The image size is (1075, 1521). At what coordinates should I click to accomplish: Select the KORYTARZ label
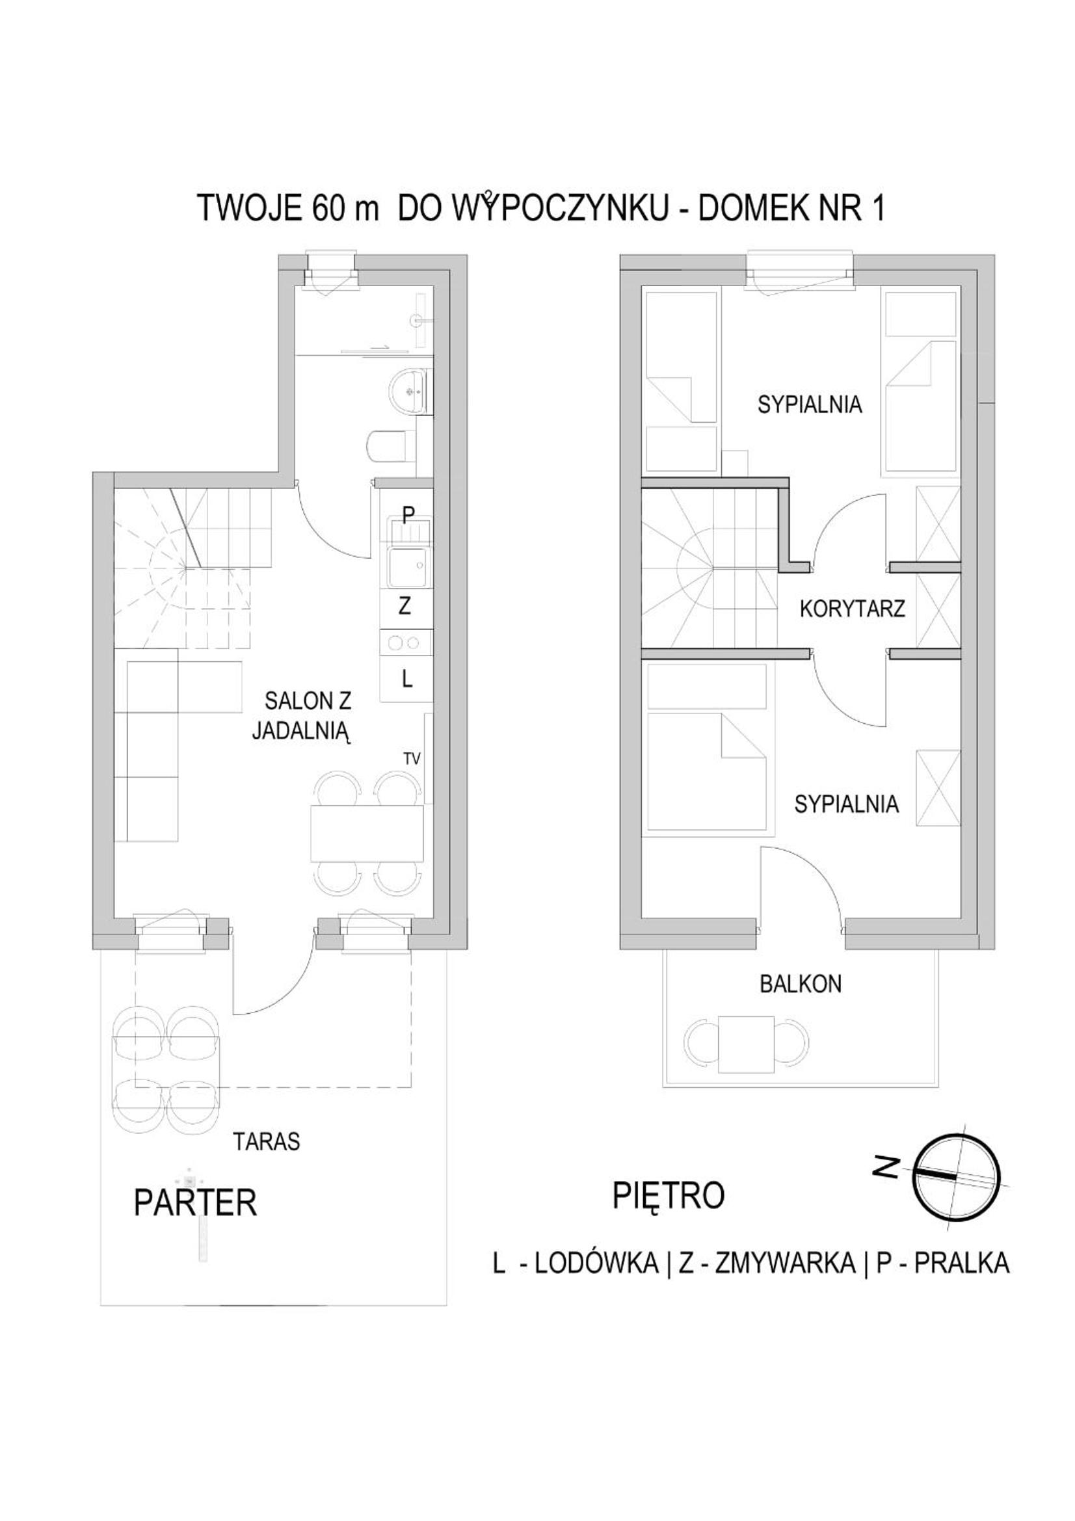pyautogui.click(x=853, y=609)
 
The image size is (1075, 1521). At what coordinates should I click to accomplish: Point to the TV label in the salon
pyautogui.click(x=412, y=759)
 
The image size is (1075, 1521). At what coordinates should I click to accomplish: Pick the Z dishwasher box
pyautogui.click(x=406, y=607)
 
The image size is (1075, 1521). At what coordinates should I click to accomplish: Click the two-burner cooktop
pyautogui.click(x=406, y=642)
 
